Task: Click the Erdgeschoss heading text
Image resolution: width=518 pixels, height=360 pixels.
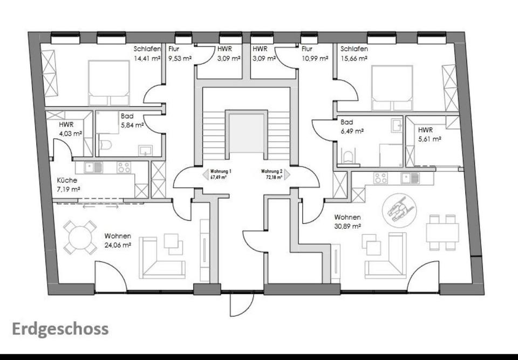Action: click(x=60, y=329)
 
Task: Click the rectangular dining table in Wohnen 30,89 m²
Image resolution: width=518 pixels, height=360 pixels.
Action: click(x=442, y=232)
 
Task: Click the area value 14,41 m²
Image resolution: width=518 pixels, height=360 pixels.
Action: click(x=147, y=58)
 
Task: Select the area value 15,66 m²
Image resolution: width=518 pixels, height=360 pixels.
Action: click(x=354, y=58)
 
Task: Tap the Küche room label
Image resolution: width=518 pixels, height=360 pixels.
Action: click(x=67, y=180)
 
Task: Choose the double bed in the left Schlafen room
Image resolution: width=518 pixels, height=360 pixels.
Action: click(x=108, y=83)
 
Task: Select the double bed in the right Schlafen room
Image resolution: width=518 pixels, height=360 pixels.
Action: click(x=392, y=85)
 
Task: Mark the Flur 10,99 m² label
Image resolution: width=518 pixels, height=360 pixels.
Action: click(x=315, y=53)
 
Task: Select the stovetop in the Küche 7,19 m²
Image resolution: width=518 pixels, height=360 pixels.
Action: click(x=124, y=167)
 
